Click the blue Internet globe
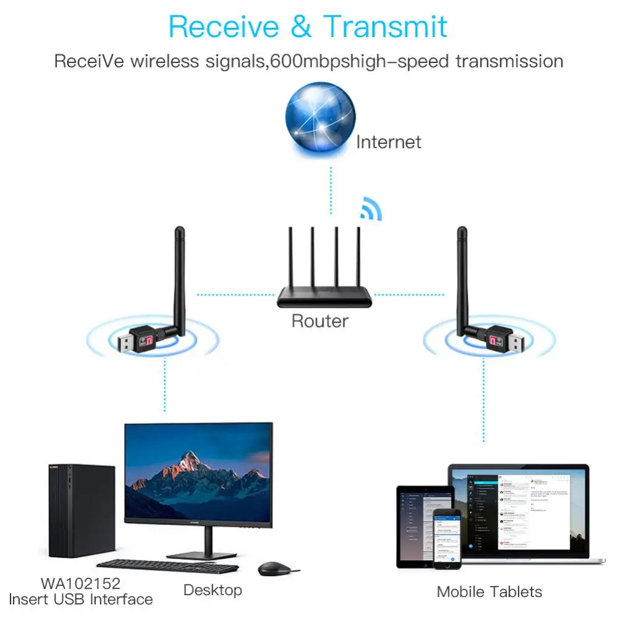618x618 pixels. [x=320, y=117]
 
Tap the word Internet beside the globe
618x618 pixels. [x=388, y=142]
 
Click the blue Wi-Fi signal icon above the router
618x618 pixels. [x=371, y=210]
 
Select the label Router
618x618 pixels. [x=320, y=321]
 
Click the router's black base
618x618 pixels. [x=324, y=298]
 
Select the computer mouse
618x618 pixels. [x=272, y=568]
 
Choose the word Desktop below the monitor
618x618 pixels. [x=212, y=590]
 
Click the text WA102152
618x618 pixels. [x=80, y=583]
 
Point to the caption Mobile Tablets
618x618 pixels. [x=489, y=591]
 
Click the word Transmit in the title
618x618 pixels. [x=385, y=27]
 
